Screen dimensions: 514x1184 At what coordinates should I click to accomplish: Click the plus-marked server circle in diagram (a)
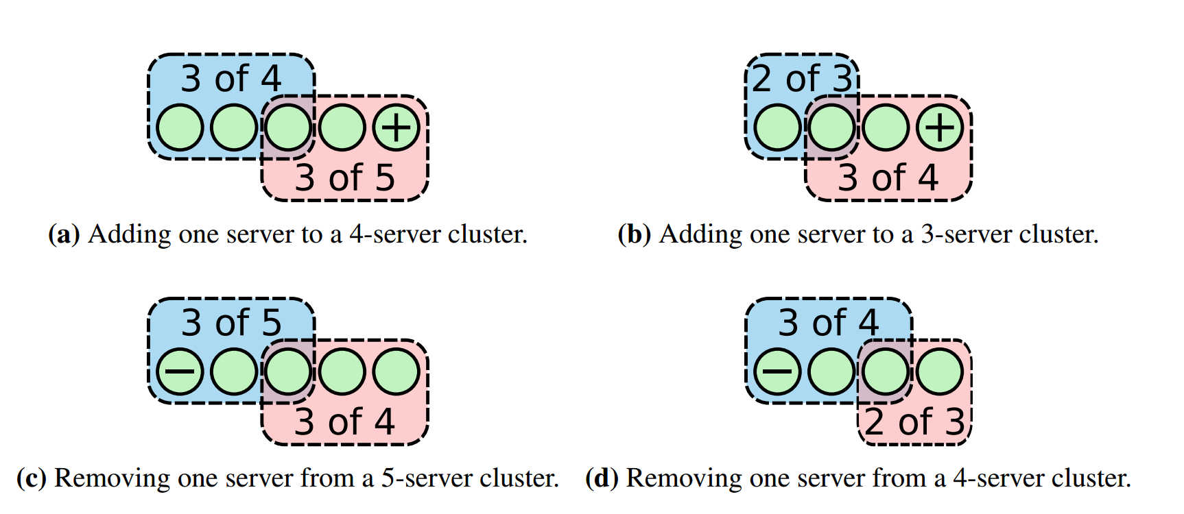(x=396, y=127)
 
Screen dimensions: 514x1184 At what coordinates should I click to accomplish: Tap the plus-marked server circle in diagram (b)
(x=940, y=127)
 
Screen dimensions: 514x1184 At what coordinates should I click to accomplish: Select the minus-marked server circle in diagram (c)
(x=180, y=371)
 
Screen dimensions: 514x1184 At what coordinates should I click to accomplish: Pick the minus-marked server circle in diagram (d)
(x=777, y=371)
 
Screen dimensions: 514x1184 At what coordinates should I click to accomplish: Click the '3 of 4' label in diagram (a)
(x=231, y=79)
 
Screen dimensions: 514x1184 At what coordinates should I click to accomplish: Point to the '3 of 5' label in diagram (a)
(x=345, y=178)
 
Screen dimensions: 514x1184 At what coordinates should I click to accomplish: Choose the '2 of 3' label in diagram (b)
(x=802, y=79)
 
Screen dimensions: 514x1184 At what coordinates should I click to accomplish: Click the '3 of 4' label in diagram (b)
(x=888, y=178)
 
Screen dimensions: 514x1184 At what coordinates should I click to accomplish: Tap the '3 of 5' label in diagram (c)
(x=231, y=323)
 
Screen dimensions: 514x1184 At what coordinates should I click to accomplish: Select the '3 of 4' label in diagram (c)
(x=345, y=422)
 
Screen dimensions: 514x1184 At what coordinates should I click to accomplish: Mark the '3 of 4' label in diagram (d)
(x=828, y=323)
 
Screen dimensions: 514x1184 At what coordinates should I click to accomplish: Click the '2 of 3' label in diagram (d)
(x=914, y=422)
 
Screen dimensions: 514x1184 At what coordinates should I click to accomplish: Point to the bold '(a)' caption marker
(x=64, y=234)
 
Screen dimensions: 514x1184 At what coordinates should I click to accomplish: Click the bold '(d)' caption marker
(x=602, y=478)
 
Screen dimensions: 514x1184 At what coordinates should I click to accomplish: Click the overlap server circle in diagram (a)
(x=288, y=127)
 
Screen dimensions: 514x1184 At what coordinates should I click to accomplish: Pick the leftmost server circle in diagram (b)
(x=777, y=127)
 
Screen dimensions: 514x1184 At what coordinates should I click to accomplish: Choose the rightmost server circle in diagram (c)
(x=396, y=371)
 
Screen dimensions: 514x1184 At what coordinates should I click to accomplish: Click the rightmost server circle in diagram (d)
(x=940, y=371)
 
